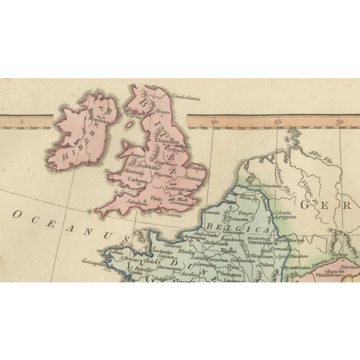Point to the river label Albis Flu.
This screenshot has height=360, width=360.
319,153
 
